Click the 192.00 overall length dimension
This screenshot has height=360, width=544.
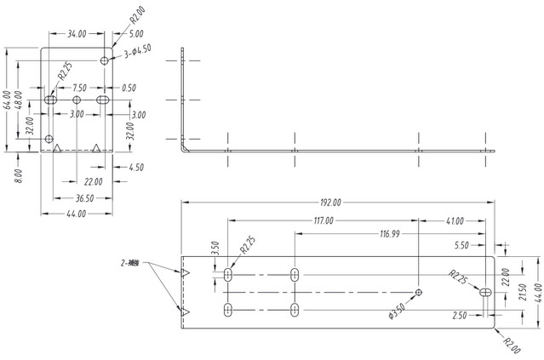tap(330, 203)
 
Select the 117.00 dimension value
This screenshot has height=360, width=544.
tap(323, 220)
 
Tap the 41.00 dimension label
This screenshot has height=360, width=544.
tap(453, 220)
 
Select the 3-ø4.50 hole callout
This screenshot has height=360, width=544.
tap(137, 52)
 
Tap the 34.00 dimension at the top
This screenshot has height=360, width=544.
tap(77, 34)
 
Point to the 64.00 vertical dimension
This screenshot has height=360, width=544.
tap(8, 100)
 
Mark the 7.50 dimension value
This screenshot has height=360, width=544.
tap(78, 88)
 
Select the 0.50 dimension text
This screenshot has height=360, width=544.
tap(129, 88)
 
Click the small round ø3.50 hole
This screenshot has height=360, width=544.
tap(419, 292)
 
